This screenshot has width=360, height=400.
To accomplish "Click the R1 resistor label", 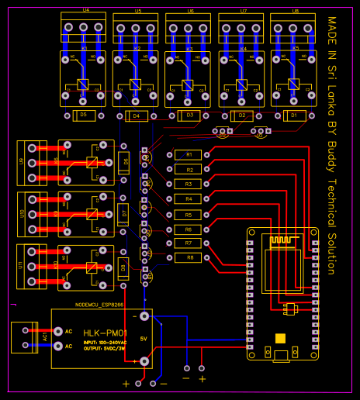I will coord(188,155).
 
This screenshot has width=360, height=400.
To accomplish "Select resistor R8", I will coord(188,257).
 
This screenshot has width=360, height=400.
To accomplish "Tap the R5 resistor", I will coord(188,215).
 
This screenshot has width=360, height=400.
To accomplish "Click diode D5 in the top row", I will coord(83,115).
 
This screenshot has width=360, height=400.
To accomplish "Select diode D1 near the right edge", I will coord(293,115).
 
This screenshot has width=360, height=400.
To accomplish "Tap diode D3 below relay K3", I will coord(188,115).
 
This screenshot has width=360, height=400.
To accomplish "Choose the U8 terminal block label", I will coord(295,11).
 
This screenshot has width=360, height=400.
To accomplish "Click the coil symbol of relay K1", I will coord(83,84).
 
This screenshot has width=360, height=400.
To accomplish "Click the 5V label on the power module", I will coord(144,339).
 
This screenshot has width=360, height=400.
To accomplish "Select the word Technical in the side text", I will coord(331,193).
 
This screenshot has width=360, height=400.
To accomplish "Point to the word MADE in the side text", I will coord(331,32).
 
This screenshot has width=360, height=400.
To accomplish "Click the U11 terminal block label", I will coord(22,267).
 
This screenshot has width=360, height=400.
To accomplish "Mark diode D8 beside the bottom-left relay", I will coord(123,268).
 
